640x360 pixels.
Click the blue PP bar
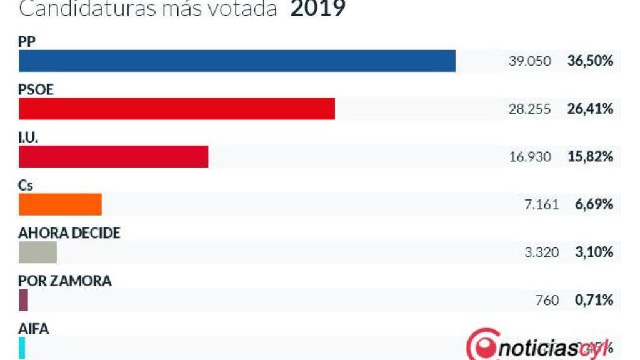[237, 61]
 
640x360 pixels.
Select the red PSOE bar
[177, 109]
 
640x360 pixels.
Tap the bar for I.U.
[113, 156]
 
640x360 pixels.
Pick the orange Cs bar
[60, 204]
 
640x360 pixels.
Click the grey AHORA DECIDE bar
[37, 252]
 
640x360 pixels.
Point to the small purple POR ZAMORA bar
[24, 300]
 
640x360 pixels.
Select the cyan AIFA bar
[22, 347]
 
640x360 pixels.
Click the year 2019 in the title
[317, 9]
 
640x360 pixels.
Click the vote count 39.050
[531, 61]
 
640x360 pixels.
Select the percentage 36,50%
[591, 61]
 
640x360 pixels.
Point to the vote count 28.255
[531, 109]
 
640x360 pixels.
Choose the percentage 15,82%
[591, 157]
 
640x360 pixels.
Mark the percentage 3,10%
[594, 252]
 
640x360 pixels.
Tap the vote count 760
[547, 301]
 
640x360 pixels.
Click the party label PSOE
[36, 89]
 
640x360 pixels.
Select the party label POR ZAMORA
[65, 281]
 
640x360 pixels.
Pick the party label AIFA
[34, 329]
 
